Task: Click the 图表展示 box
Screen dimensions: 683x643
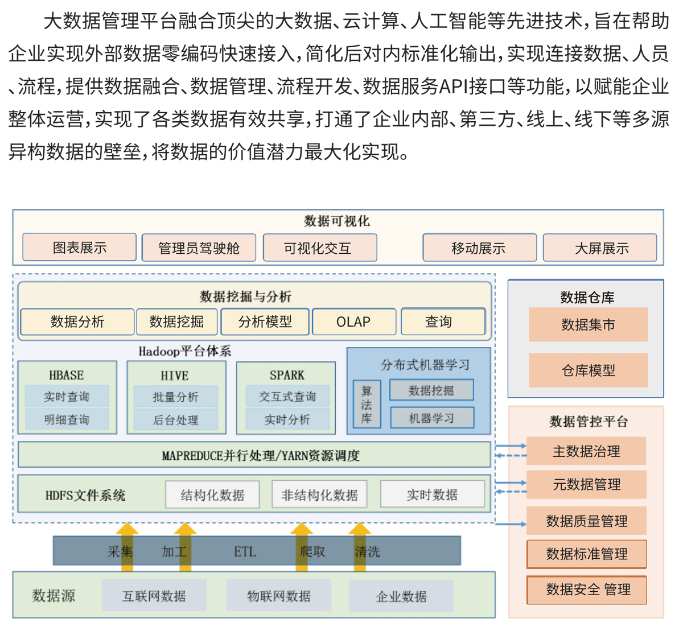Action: pos(80,247)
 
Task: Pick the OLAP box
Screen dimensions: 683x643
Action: pos(354,322)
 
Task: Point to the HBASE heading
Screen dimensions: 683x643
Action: pos(67,375)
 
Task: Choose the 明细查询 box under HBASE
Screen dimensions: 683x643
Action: pos(67,419)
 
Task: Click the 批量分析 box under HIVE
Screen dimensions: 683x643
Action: pos(176,397)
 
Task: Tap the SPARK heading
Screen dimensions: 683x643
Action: pos(287,375)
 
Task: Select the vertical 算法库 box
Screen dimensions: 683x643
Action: pos(367,404)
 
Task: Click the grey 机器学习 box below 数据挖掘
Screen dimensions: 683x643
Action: pos(432,418)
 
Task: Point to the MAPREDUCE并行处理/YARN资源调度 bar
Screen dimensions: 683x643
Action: pos(254,455)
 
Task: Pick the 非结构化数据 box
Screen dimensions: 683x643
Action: pos(319,494)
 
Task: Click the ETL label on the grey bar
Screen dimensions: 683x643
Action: pos(245,552)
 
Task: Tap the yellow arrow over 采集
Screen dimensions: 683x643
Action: pos(127,547)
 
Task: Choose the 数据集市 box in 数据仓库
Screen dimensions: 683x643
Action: pos(588,324)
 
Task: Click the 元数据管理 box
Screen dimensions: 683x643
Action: pos(586,484)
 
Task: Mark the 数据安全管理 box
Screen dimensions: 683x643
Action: pos(587,590)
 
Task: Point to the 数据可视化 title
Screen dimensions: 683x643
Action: pos(337,221)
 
